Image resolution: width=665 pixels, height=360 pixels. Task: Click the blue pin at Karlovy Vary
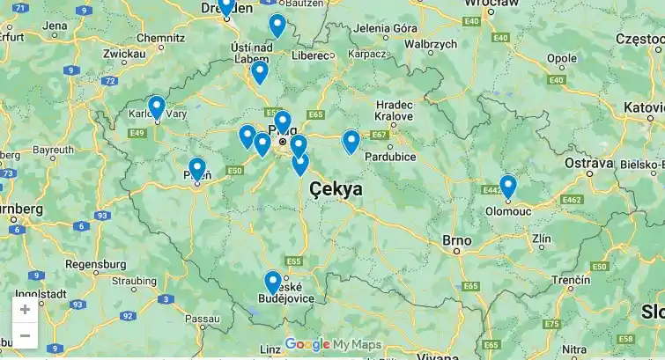click(x=156, y=107)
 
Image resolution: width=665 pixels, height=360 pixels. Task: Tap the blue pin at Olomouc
click(x=507, y=186)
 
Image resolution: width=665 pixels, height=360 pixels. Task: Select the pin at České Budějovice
click(x=273, y=282)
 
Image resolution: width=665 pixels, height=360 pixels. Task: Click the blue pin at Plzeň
click(x=196, y=168)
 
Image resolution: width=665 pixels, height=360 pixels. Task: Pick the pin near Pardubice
click(x=351, y=141)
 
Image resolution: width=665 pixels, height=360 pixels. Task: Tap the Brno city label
click(x=457, y=239)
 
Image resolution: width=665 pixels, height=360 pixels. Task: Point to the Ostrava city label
click(x=588, y=163)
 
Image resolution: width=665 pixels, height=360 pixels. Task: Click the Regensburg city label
click(x=96, y=263)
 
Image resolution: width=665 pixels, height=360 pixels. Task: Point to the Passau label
click(x=202, y=318)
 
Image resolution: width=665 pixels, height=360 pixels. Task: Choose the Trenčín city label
click(x=572, y=279)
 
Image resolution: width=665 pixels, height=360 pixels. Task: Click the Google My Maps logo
click(x=333, y=344)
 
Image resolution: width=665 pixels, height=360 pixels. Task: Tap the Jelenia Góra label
click(x=385, y=27)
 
